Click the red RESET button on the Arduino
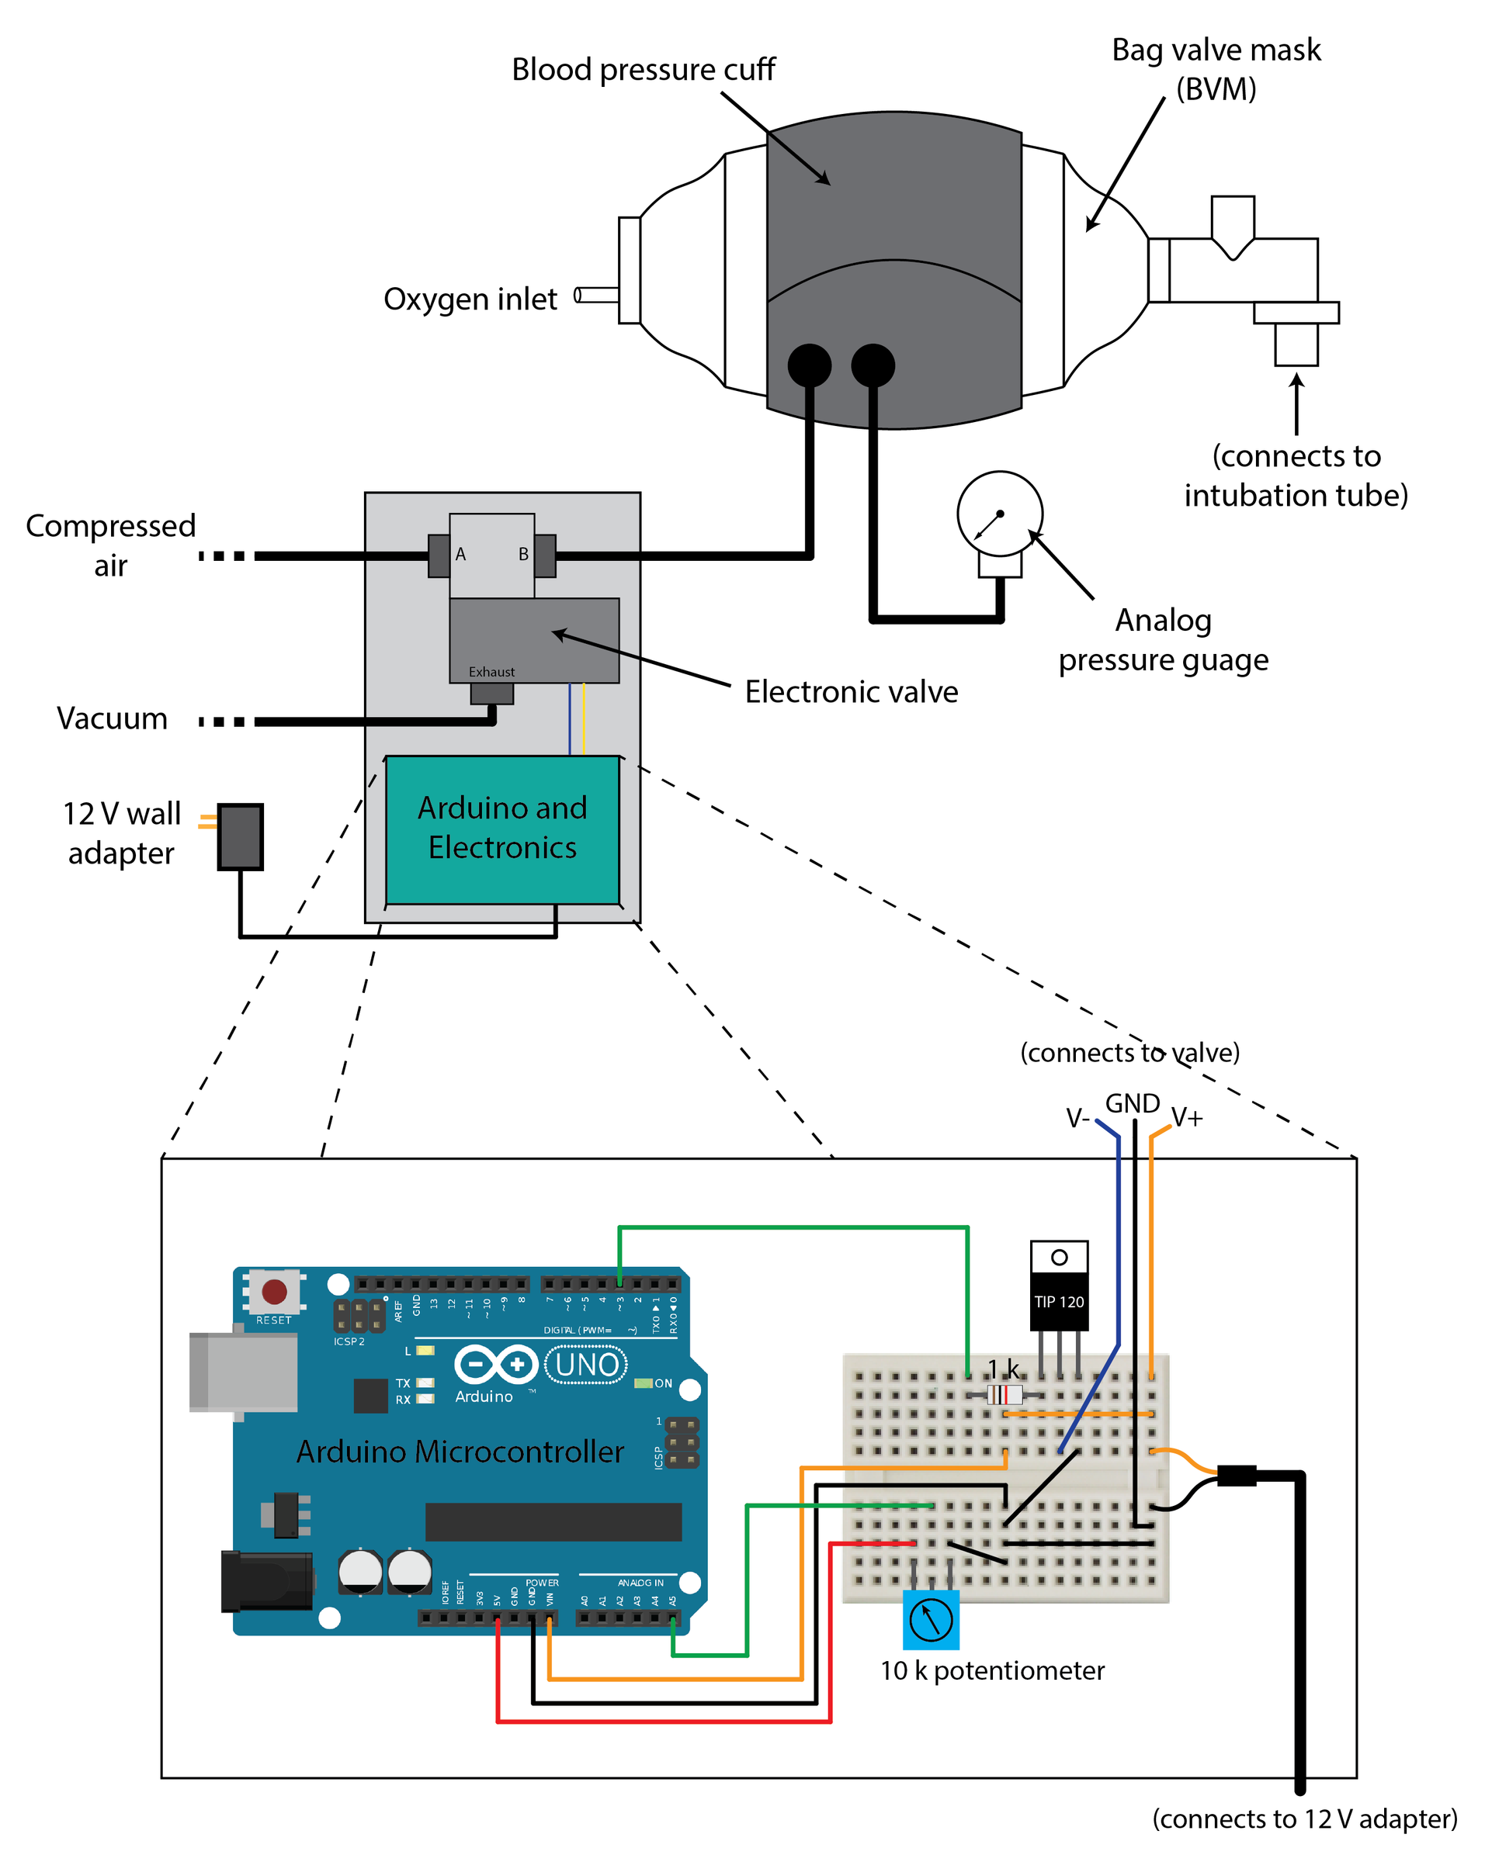pyautogui.click(x=274, y=1291)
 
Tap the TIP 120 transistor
pyautogui.click(x=1059, y=1287)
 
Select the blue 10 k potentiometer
pyautogui.click(x=931, y=1619)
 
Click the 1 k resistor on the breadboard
pyautogui.click(x=1004, y=1394)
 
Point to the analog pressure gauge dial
pyautogui.click(x=1000, y=514)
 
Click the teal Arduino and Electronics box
pyautogui.click(x=502, y=829)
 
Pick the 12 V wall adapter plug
pyautogui.click(x=240, y=836)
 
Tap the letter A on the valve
pyautogui.click(x=460, y=555)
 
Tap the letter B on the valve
pyautogui.click(x=523, y=555)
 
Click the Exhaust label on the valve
pyautogui.click(x=491, y=672)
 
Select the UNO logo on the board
pyautogui.click(x=587, y=1365)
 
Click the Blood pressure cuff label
pyautogui.click(x=643, y=69)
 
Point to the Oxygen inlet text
pyautogui.click(x=470, y=299)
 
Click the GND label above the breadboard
pyautogui.click(x=1133, y=1104)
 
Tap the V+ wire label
pyautogui.click(x=1187, y=1119)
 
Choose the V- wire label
pyautogui.click(x=1077, y=1119)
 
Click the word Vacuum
pyautogui.click(x=113, y=718)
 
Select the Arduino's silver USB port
pyautogui.click(x=244, y=1372)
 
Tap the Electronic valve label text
pyautogui.click(x=851, y=692)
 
